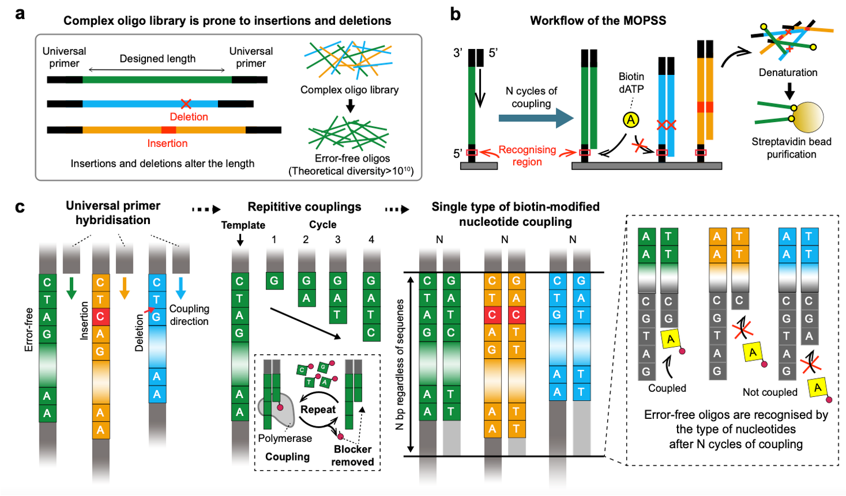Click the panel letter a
[20, 14]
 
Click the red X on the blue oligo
[186, 104]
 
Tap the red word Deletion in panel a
[189, 117]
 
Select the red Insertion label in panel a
[167, 143]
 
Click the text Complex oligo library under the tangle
[349, 90]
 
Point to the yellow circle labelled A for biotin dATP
[631, 119]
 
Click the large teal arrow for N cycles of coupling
[536, 118]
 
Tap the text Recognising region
[527, 156]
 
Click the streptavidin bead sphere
[808, 117]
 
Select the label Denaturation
[788, 72]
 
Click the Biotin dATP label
[631, 82]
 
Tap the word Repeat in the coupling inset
[318, 409]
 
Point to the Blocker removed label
[353, 455]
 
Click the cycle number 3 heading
[337, 239]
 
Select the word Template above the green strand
[243, 225]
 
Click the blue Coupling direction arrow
[181, 287]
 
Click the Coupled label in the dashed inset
[667, 388]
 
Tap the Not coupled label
[770, 392]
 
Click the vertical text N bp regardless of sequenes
[400, 364]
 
